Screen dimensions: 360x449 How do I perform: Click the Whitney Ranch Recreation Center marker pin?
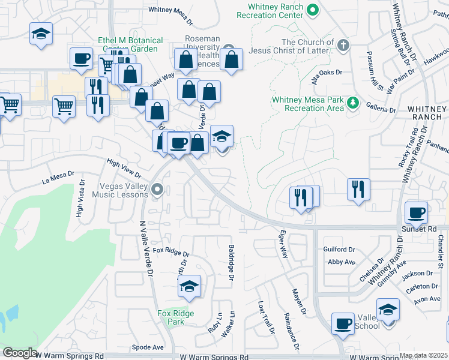(312, 10)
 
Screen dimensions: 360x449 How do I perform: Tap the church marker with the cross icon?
(343, 46)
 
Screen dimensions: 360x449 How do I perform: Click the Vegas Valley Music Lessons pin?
(157, 190)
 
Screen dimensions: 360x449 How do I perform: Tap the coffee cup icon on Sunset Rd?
(416, 212)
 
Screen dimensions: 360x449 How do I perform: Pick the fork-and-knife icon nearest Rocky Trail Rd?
(358, 189)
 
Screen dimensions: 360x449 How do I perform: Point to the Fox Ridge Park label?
(170, 317)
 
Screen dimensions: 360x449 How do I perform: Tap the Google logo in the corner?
(19, 353)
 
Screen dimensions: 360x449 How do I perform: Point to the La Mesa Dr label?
(58, 178)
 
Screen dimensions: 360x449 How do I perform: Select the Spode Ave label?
(148, 347)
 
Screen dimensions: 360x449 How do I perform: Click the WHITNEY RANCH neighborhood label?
(427, 113)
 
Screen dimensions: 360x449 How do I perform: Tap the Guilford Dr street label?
(340, 249)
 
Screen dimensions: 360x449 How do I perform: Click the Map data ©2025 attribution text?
(423, 355)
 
